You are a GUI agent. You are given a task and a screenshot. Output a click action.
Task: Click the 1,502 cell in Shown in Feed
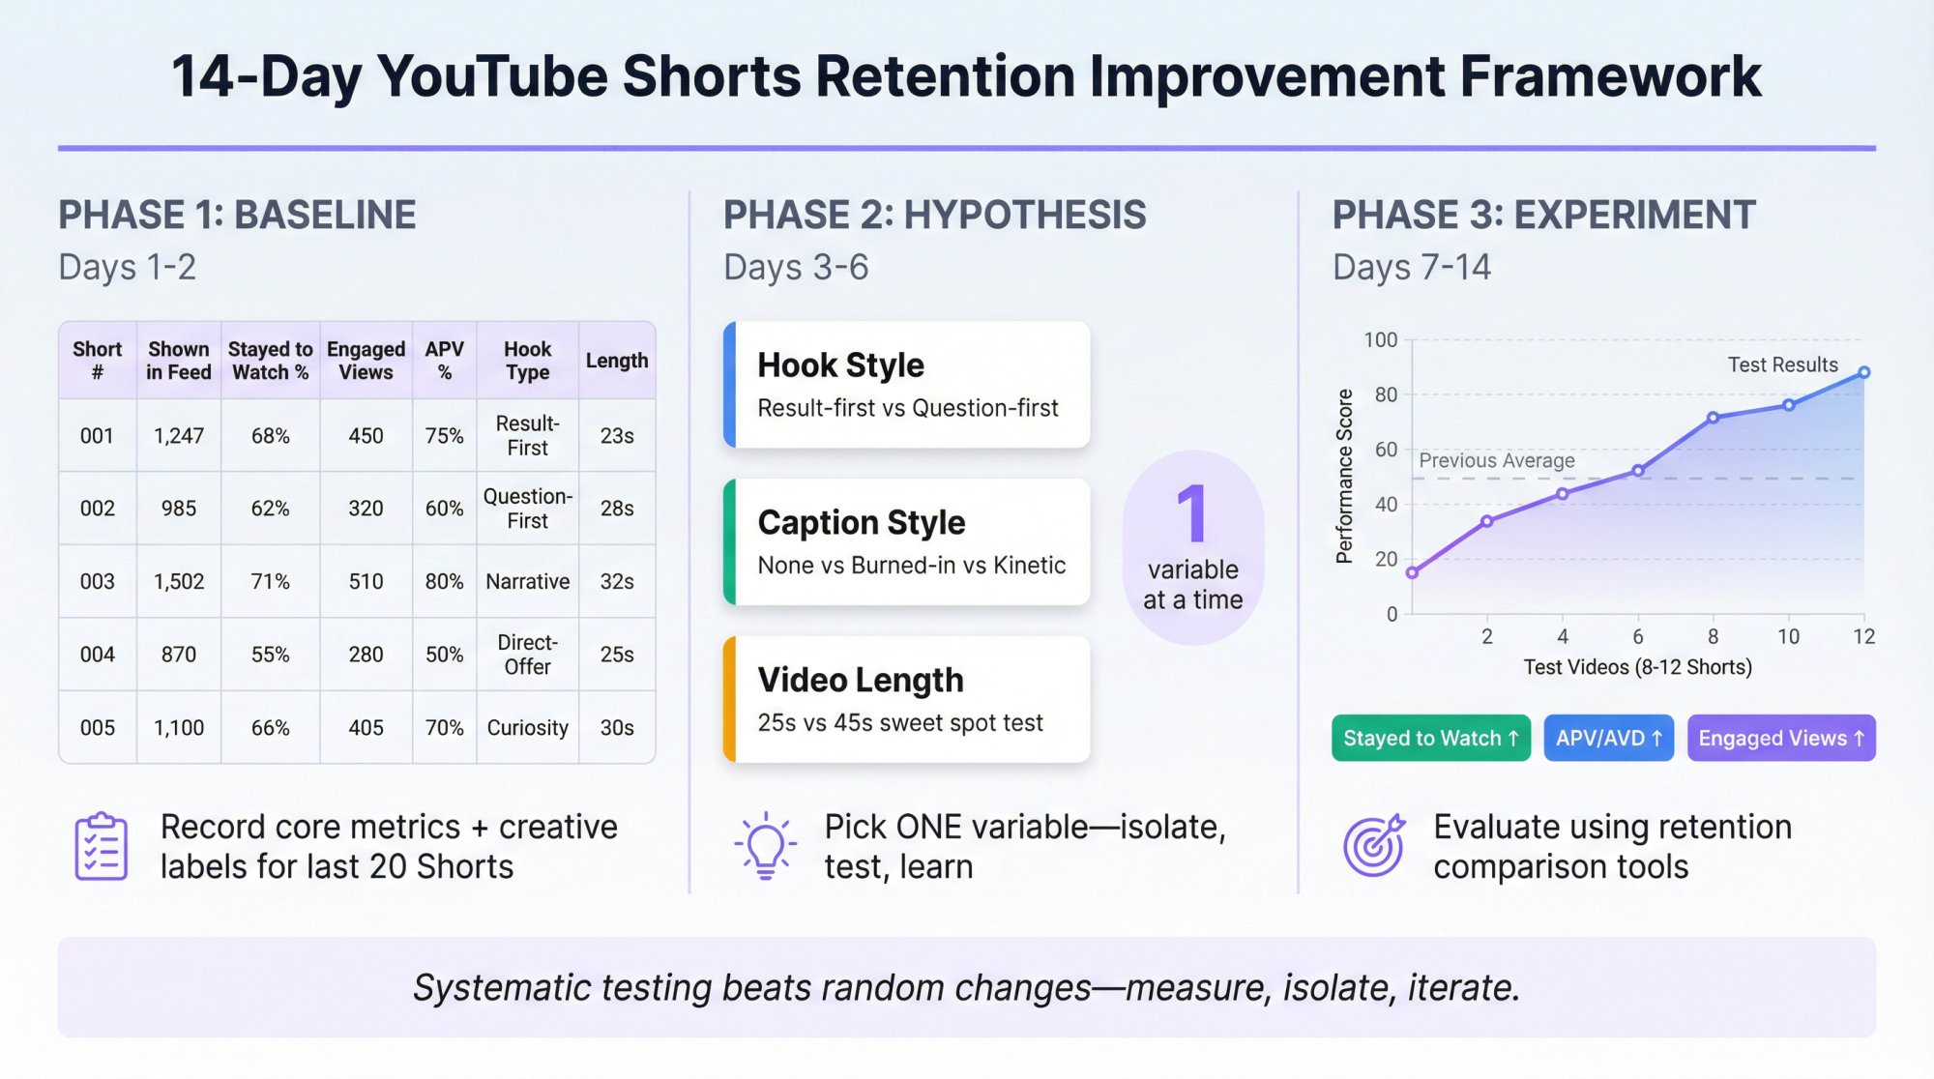tap(179, 581)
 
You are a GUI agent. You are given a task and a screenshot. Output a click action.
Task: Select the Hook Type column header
tap(527, 361)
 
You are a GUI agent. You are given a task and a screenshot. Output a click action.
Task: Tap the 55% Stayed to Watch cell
tap(270, 655)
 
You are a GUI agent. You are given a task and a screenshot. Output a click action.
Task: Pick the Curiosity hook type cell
tap(527, 728)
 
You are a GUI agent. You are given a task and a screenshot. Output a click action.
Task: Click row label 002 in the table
tap(97, 509)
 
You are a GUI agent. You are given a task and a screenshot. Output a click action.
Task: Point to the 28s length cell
tap(617, 509)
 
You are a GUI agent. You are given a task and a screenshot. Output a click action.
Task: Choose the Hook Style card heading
tap(840, 365)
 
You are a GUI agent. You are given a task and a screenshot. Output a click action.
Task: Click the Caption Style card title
tap(861, 523)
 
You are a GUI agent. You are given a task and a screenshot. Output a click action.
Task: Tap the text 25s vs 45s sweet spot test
tap(899, 723)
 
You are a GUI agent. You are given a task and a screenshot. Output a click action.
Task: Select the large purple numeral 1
tap(1192, 513)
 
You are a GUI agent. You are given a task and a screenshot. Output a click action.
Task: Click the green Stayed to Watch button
tap(1430, 739)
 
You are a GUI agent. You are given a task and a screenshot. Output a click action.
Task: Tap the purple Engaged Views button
tap(1780, 739)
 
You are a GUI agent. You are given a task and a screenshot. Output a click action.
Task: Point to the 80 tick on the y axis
tap(1386, 394)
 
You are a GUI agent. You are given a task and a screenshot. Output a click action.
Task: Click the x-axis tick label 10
tap(1788, 636)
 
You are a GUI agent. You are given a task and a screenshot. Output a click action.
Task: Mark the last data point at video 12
tap(1863, 372)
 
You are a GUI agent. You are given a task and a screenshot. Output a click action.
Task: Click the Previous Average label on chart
tap(1496, 461)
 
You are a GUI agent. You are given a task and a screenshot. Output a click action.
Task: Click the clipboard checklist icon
tap(101, 846)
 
